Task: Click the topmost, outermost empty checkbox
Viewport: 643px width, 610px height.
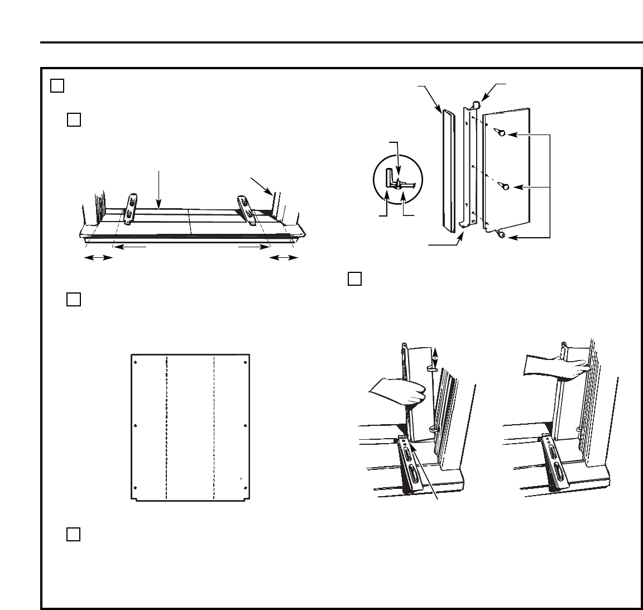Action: click(x=57, y=85)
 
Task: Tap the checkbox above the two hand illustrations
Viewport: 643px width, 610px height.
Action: click(x=354, y=278)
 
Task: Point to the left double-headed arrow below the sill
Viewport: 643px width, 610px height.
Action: click(x=98, y=257)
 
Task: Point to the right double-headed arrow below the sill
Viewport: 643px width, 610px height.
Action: click(x=283, y=257)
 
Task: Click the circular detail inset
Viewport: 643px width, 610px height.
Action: click(x=398, y=181)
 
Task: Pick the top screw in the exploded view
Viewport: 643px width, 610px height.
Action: click(x=501, y=133)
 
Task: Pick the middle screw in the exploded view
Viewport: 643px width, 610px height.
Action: click(x=505, y=187)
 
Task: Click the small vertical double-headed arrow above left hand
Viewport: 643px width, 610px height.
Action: click(x=436, y=356)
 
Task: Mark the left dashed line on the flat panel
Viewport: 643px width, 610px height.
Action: click(x=166, y=427)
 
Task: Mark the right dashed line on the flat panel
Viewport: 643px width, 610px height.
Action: click(x=214, y=427)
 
